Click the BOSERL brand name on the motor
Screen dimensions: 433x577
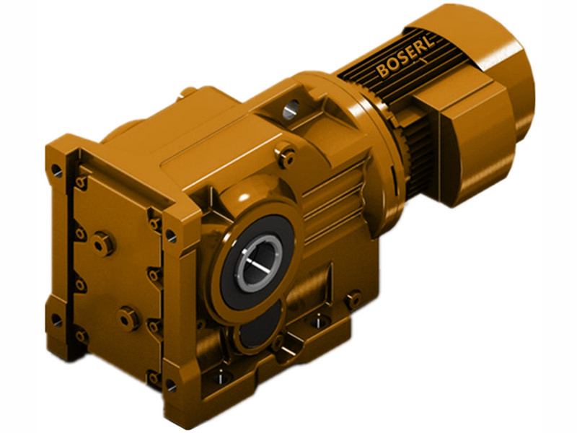404,64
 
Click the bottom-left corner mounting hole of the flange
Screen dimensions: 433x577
57,318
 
